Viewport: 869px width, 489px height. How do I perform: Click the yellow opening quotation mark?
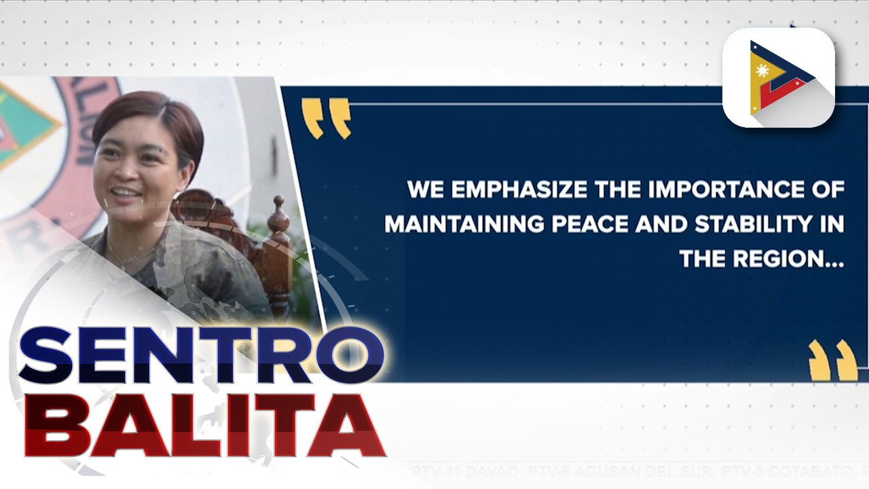click(326, 117)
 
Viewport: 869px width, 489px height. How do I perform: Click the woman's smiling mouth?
click(126, 193)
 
